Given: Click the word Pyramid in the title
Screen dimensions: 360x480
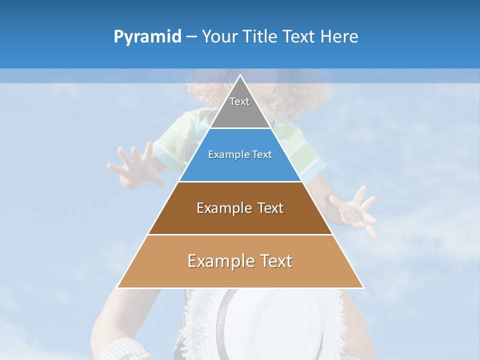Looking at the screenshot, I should click(x=147, y=37).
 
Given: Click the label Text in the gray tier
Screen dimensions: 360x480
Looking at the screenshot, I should click(x=239, y=101).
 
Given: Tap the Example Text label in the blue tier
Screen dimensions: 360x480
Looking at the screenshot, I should click(x=240, y=154).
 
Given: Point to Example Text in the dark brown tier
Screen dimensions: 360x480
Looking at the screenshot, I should click(x=240, y=208).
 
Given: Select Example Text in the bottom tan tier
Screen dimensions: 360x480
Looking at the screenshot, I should click(x=240, y=261).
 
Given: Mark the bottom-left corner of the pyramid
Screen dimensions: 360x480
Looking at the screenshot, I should click(x=118, y=287).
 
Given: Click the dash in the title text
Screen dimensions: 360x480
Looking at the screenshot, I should click(x=191, y=37).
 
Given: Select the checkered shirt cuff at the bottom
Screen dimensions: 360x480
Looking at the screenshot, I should click(x=125, y=350).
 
